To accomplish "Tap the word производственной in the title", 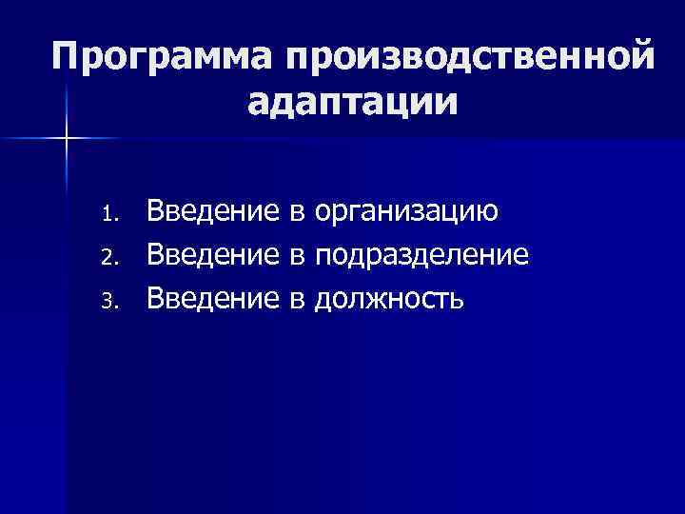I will pos(465,56).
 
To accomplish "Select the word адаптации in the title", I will pos(353,101).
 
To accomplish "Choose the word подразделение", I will pos(422,255).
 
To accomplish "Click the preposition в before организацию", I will pos(295,211).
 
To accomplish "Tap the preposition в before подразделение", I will pos(295,256).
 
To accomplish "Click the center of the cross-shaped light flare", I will pos(68,140).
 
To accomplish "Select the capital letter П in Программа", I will pos(69,56).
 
